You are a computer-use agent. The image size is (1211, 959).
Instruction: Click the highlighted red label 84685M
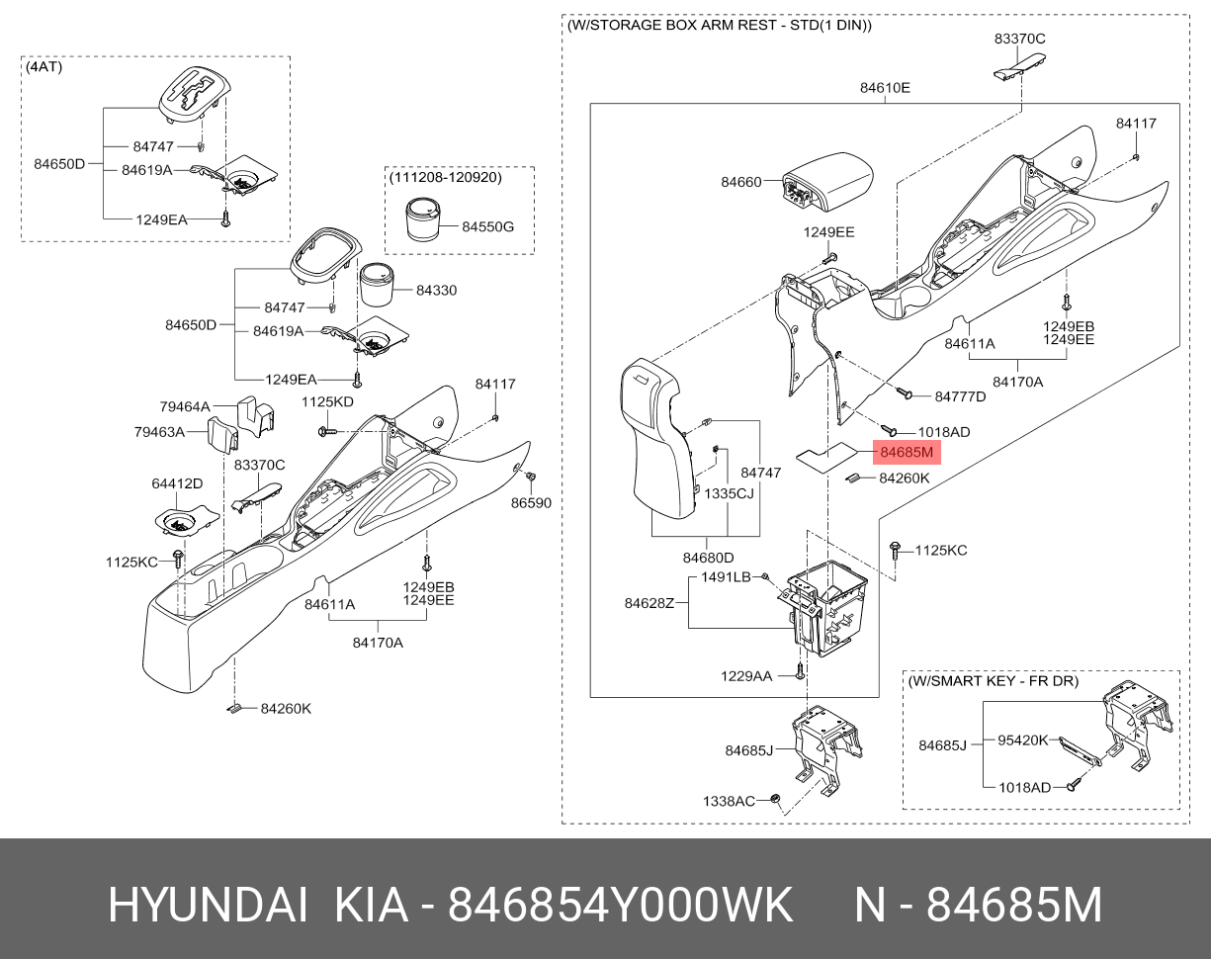click(907, 454)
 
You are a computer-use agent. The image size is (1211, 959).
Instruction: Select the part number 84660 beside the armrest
click(740, 182)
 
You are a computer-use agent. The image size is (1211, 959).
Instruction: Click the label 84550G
click(488, 226)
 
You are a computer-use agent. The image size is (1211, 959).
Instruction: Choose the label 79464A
click(185, 406)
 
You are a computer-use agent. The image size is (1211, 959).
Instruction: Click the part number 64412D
click(177, 483)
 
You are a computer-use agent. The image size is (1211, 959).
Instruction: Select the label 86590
click(531, 503)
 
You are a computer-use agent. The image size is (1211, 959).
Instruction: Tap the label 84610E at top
click(884, 87)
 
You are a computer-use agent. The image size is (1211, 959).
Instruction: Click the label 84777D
click(960, 396)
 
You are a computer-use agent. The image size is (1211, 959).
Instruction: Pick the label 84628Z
click(649, 603)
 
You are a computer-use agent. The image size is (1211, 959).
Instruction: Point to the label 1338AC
click(729, 800)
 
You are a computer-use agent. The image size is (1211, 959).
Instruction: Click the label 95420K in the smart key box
click(1022, 740)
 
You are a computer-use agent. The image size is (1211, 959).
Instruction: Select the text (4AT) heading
click(43, 67)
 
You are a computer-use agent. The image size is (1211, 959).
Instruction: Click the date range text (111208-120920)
click(445, 178)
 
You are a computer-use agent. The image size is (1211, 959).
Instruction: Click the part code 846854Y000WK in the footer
click(621, 904)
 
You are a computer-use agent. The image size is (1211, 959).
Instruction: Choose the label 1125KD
click(327, 401)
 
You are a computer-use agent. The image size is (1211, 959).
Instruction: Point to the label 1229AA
click(746, 675)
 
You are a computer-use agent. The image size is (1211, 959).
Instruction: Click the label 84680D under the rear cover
click(707, 558)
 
